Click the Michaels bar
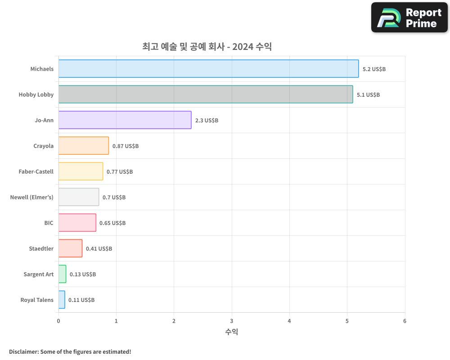point(208,69)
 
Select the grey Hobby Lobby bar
point(206,94)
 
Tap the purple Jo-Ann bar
point(125,120)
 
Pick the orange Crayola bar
point(84,146)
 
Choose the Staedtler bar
point(70,248)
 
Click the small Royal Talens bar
point(62,300)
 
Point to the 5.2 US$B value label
point(374,69)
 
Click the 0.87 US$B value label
point(126,146)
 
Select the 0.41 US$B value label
point(99,249)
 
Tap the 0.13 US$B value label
point(83,274)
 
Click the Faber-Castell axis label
point(36,171)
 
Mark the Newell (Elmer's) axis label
point(32,197)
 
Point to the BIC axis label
point(49,223)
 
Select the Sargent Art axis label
point(39,274)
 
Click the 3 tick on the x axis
point(232,321)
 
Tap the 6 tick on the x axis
point(405,321)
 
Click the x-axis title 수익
point(231,332)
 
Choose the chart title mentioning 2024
point(207,46)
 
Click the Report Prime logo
point(409,18)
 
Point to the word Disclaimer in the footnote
point(23,351)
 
